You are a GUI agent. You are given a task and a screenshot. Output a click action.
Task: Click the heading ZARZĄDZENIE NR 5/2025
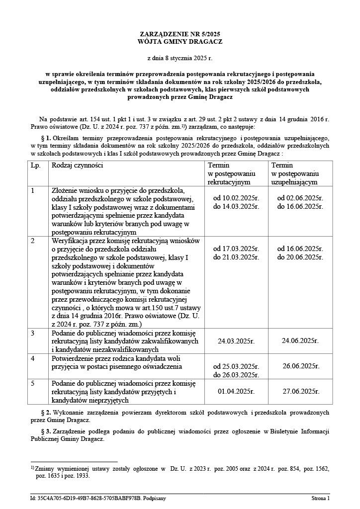tap(180, 34)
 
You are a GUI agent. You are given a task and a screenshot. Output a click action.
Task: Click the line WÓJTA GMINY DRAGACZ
tap(180, 42)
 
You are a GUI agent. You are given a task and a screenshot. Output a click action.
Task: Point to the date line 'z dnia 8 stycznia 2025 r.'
tap(180, 58)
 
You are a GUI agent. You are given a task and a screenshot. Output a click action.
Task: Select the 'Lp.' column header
tap(36, 165)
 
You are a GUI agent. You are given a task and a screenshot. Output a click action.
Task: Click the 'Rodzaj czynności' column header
tap(78, 165)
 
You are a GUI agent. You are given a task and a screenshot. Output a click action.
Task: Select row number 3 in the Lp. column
tap(33, 333)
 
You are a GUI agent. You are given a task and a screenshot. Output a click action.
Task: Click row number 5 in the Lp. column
tap(33, 383)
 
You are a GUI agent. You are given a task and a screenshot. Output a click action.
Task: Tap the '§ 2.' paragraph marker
tap(46, 413)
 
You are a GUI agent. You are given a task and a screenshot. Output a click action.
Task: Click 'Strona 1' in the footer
tap(320, 498)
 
